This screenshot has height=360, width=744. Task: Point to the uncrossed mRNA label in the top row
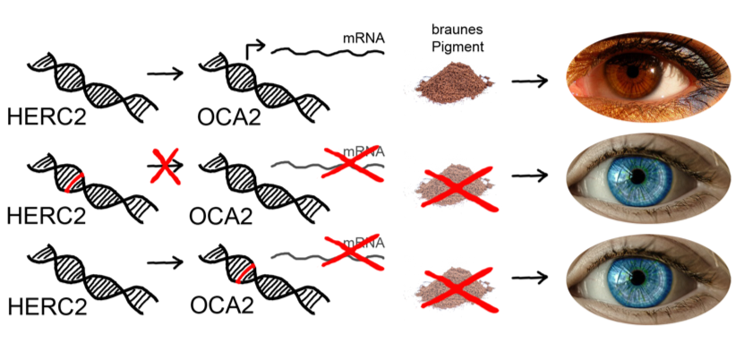[363, 39]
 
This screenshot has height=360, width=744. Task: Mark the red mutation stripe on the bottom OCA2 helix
[243, 270]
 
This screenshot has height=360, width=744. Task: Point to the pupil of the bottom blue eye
[638, 277]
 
